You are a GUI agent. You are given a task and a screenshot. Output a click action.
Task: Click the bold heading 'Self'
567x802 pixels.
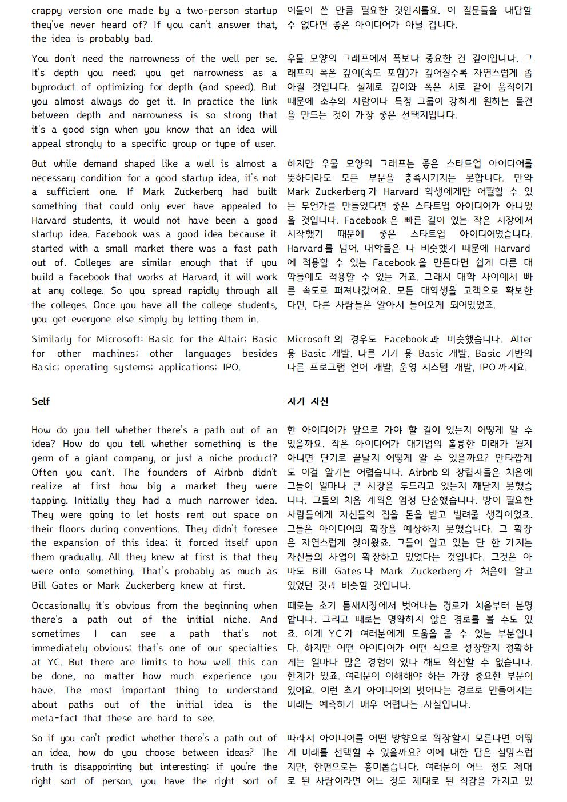[x=40, y=401]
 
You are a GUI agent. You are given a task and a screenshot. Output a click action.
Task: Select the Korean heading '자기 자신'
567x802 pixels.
[x=308, y=401]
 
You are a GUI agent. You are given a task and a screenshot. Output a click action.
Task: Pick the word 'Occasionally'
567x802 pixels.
[x=61, y=605]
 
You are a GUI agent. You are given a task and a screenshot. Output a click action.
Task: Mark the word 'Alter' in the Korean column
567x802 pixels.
[x=521, y=340]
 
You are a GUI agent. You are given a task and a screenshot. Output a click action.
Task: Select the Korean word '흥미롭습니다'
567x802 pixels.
[x=391, y=767]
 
